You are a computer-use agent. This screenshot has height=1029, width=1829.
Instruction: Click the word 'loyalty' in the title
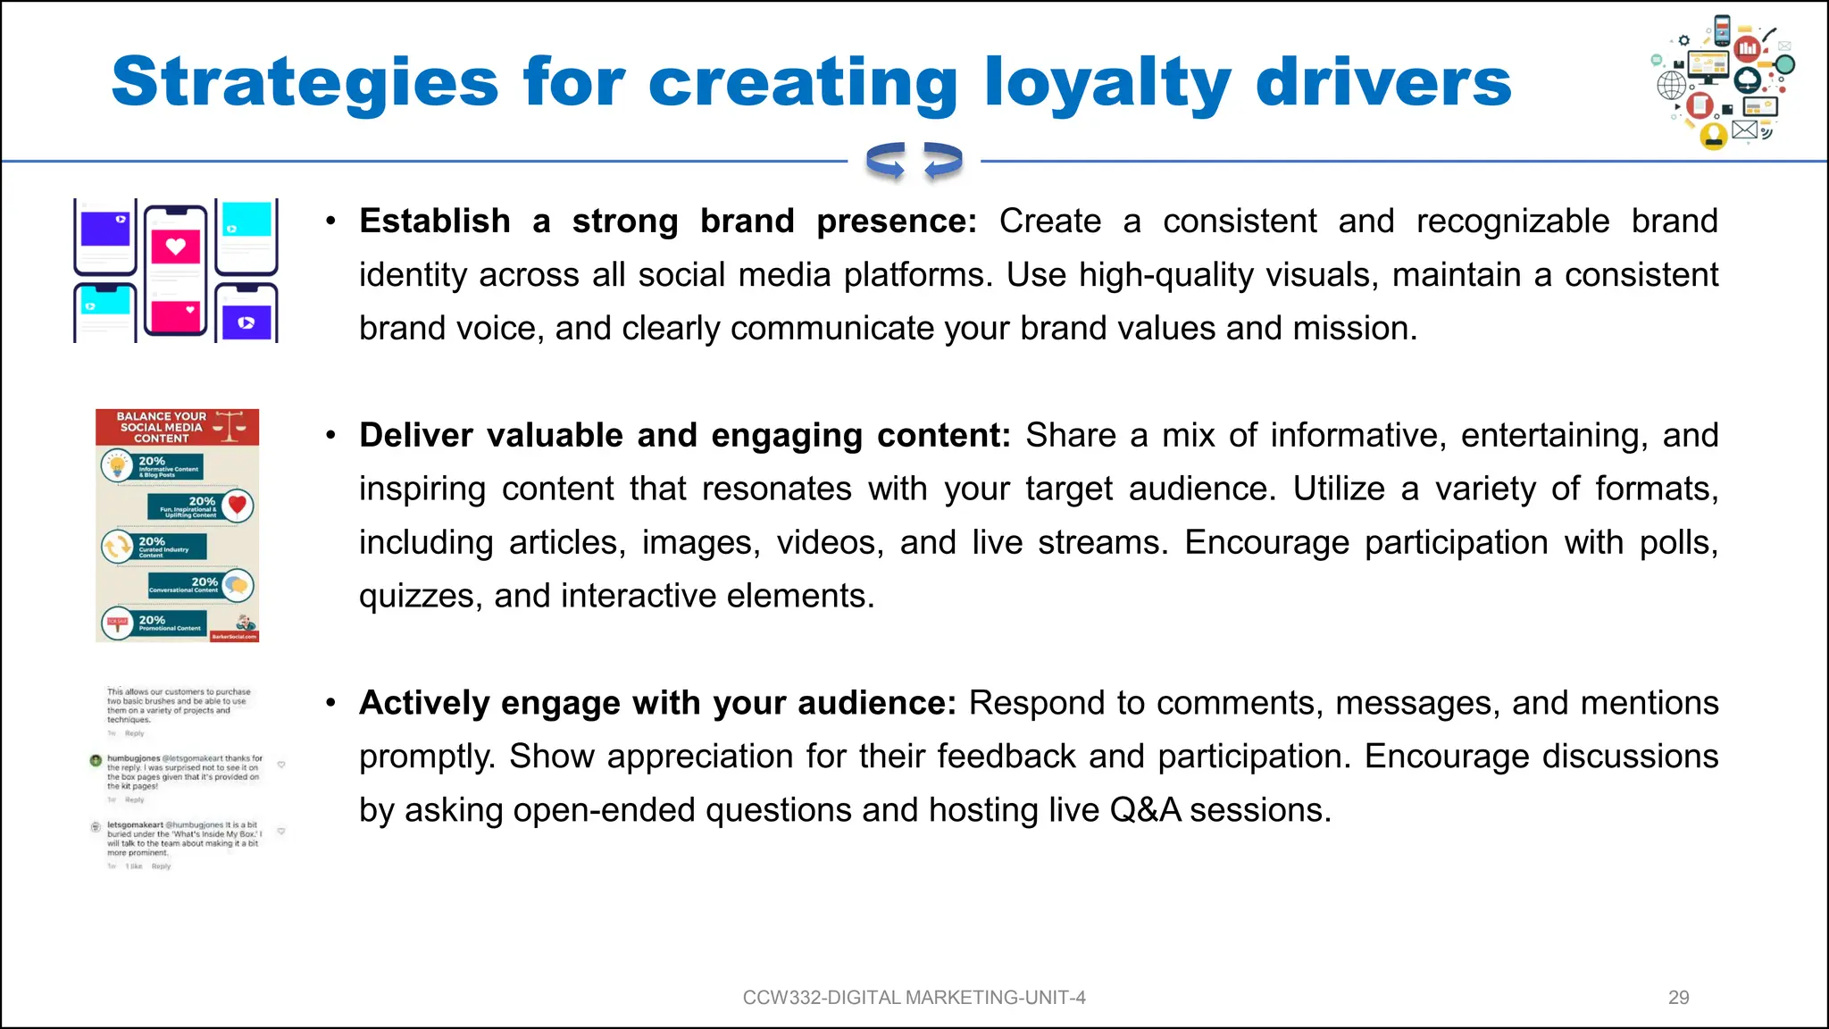[1107, 82]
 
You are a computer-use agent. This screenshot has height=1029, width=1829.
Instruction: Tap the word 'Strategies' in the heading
[305, 82]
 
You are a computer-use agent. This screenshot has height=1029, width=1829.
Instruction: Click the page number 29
[1678, 998]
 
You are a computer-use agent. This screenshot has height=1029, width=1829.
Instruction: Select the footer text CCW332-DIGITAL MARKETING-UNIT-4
[914, 998]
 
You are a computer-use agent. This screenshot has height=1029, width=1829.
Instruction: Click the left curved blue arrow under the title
[886, 162]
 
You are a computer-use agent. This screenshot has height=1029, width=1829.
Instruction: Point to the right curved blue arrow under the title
[942, 162]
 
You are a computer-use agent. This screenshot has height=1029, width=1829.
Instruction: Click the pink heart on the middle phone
[175, 247]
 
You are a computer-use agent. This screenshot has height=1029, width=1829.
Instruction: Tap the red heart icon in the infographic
[238, 506]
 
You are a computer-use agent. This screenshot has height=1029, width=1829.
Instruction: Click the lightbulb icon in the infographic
[117, 466]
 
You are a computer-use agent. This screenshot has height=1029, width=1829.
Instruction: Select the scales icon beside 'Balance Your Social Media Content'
[230, 426]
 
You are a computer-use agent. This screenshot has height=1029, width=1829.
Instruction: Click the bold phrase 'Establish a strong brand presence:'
[667, 222]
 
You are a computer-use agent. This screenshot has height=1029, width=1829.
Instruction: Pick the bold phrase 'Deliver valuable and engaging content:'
[684, 436]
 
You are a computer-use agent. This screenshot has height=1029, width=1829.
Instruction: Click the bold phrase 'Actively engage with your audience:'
[657, 704]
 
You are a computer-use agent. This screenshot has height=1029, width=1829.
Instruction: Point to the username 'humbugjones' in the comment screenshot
[133, 758]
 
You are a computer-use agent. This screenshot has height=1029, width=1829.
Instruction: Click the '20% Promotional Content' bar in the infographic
[170, 623]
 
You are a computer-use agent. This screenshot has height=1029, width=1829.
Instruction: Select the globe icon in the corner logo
[1672, 86]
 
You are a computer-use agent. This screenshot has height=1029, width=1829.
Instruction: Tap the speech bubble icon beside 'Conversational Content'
[237, 586]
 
